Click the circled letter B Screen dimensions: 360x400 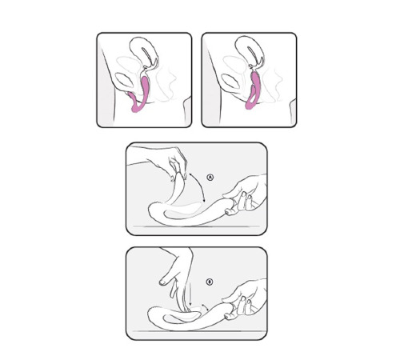click(208, 282)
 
